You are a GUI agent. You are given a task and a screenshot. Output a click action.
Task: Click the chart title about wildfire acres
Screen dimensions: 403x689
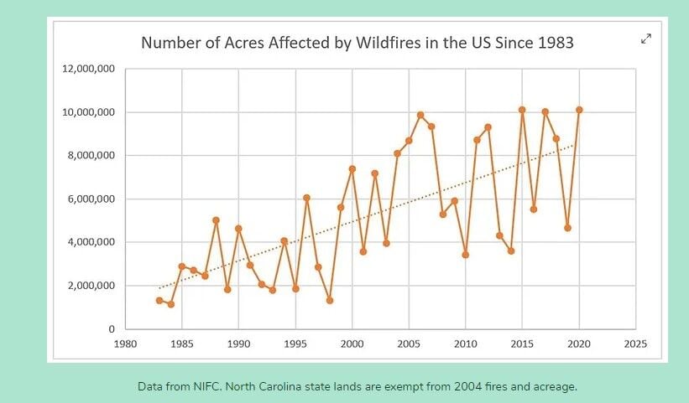357,43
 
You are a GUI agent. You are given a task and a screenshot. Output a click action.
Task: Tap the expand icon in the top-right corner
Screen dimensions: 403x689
646,39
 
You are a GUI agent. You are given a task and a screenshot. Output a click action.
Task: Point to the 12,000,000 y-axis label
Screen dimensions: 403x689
88,69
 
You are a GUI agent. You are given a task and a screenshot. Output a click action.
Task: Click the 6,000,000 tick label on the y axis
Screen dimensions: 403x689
91,199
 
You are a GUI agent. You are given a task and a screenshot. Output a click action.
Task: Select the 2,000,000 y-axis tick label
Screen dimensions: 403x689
91,286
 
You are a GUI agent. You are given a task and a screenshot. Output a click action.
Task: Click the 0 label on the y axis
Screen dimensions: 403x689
112,329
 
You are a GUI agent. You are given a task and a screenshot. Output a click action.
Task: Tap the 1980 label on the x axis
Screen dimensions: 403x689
125,344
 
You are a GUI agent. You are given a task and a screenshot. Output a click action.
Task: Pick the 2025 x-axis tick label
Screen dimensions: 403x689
635,344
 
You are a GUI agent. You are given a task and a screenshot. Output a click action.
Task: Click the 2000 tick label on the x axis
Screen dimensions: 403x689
352,344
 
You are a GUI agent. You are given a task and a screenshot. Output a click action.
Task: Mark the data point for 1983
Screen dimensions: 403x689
159,300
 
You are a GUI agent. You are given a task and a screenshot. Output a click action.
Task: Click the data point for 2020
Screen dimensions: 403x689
579,110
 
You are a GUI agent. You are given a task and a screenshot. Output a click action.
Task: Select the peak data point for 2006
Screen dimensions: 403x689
420,115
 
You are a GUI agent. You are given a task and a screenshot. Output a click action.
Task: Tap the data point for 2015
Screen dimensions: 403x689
522,110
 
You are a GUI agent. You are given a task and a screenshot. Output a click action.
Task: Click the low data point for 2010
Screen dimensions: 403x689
466,255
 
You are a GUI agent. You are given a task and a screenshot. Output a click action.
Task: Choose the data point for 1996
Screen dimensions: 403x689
307,198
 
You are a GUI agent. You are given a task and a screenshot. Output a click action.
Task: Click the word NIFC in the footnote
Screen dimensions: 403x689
206,386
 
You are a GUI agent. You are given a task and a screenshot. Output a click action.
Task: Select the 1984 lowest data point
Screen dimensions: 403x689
170,304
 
